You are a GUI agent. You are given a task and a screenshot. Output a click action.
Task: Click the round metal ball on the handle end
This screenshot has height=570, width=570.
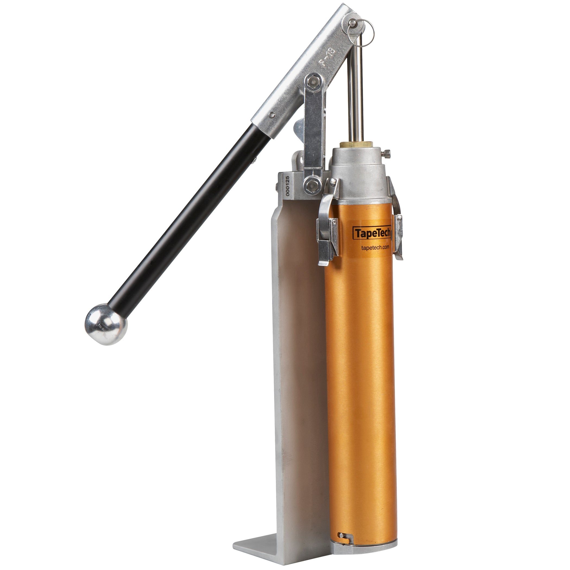(x=106, y=324)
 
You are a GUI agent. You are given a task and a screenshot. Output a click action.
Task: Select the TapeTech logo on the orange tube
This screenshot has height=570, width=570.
(x=372, y=233)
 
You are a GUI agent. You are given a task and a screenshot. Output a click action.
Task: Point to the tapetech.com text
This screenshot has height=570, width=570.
(x=375, y=247)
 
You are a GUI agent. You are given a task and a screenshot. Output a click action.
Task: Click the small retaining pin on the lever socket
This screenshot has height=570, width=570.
(x=271, y=115)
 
